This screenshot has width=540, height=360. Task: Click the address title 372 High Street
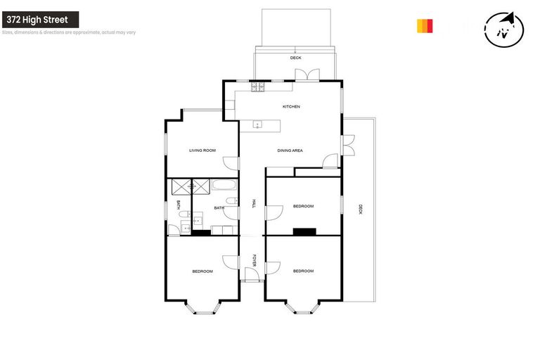pyautogui.click(x=39, y=20)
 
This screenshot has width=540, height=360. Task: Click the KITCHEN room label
pyautogui.click(x=291, y=107)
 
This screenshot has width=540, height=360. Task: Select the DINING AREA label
pyautogui.click(x=290, y=150)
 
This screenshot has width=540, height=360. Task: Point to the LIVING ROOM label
pyautogui.click(x=202, y=150)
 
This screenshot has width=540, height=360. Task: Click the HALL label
pyautogui.click(x=253, y=204)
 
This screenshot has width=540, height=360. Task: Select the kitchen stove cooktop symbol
pyautogui.click(x=257, y=87)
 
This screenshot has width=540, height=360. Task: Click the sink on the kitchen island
pyautogui.click(x=257, y=126)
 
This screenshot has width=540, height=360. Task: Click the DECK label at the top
pyautogui.click(x=295, y=58)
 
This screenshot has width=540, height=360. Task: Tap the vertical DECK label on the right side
pyautogui.click(x=360, y=209)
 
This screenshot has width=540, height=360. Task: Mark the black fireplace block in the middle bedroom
pyautogui.click(x=305, y=231)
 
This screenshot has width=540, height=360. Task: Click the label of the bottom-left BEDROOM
pyautogui.click(x=202, y=271)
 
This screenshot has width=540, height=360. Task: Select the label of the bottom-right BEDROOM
pyautogui.click(x=303, y=271)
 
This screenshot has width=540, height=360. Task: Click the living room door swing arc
pyautogui.click(x=230, y=163)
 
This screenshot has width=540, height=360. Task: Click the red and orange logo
pyautogui.click(x=425, y=26)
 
